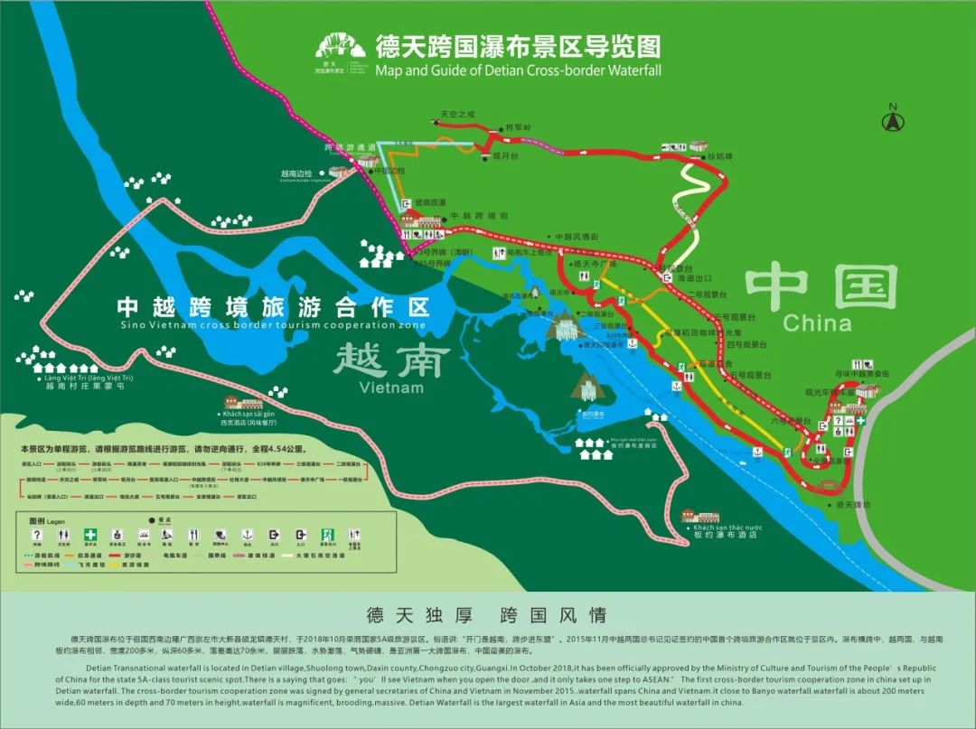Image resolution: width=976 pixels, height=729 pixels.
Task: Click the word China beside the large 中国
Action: tap(817, 322)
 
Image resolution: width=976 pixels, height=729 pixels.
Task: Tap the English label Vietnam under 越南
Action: tap(390, 388)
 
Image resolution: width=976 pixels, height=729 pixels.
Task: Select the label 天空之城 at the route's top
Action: tap(456, 115)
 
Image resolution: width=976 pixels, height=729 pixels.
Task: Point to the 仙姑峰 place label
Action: tap(718, 155)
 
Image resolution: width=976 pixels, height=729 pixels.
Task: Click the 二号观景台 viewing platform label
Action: tap(706, 294)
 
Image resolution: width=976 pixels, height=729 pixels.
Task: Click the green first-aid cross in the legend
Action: tap(90, 536)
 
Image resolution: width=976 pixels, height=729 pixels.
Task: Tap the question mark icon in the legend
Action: tap(37, 536)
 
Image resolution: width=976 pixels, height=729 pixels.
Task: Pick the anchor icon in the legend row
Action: tap(246, 536)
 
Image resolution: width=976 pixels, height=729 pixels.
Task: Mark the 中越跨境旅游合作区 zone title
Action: tap(271, 305)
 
